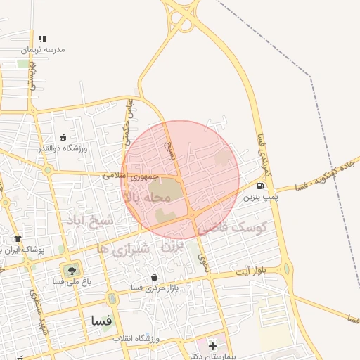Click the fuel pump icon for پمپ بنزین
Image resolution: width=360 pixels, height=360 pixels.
(x=261, y=186)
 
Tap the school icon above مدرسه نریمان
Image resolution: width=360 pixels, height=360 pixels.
(x=43, y=39)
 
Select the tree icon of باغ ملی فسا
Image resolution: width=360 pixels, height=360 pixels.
(x=71, y=269)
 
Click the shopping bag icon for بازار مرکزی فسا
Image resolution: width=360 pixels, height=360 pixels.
(x=154, y=278)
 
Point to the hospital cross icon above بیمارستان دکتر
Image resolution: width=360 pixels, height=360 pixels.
(x=212, y=345)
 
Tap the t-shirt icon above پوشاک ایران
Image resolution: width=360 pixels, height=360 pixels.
(x=18, y=238)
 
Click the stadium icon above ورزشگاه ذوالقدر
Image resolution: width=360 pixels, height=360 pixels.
(x=63, y=137)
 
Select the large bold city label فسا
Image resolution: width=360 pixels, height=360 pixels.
(x=101, y=320)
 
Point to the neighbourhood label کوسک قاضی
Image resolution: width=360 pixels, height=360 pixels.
(x=234, y=228)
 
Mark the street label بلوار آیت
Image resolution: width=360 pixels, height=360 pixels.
(x=251, y=271)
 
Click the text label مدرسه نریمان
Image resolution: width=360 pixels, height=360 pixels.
(x=42, y=50)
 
